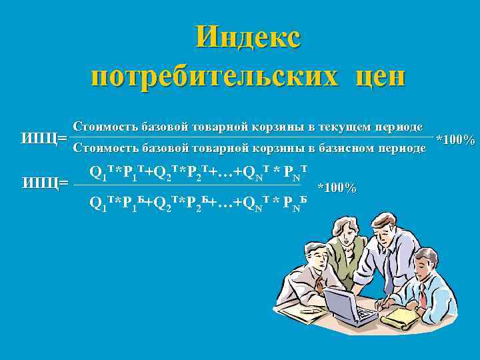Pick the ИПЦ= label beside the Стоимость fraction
tap(44, 138)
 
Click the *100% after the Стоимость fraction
tap(455, 140)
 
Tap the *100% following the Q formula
tap(337, 187)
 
